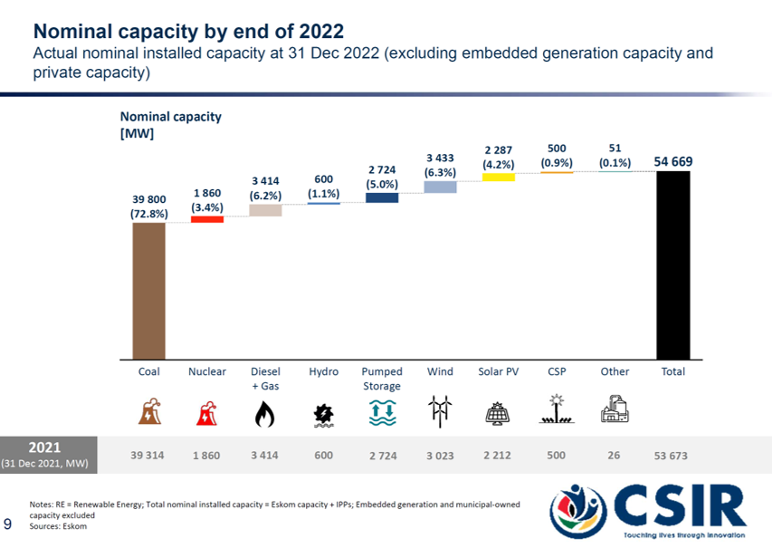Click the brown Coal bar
click(x=148, y=290)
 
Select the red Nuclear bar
click(x=206, y=218)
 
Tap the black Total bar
click(x=672, y=264)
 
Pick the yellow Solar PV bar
click(x=498, y=177)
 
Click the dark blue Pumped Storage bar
click(x=382, y=197)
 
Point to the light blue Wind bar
click(x=440, y=187)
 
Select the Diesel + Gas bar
click(x=265, y=210)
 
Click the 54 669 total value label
click(x=672, y=161)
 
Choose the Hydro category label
click(x=323, y=371)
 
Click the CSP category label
click(x=557, y=371)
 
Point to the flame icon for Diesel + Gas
click(x=265, y=414)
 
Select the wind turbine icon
click(x=440, y=412)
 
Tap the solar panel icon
click(x=498, y=414)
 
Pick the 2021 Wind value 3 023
click(x=440, y=456)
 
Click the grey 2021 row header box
click(x=48, y=454)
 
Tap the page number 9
click(x=8, y=524)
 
